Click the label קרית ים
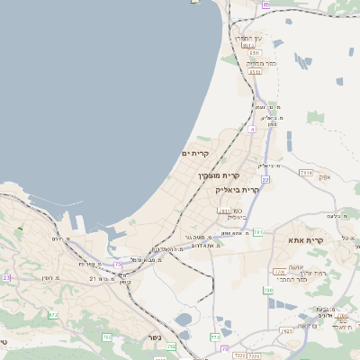[195, 155]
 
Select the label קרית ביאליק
[238, 190]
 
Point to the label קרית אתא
[306, 240]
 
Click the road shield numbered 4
[252, 130]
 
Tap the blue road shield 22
[265, 179]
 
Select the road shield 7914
[306, 172]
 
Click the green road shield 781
[258, 232]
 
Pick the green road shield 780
[267, 290]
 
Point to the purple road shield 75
[117, 264]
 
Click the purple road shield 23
[6, 278]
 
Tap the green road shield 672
[53, 315]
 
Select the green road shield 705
[107, 337]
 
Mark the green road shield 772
[215, 337]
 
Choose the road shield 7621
[287, 331]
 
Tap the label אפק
[325, 177]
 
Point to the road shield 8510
[255, 53]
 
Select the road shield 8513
[255, 73]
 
